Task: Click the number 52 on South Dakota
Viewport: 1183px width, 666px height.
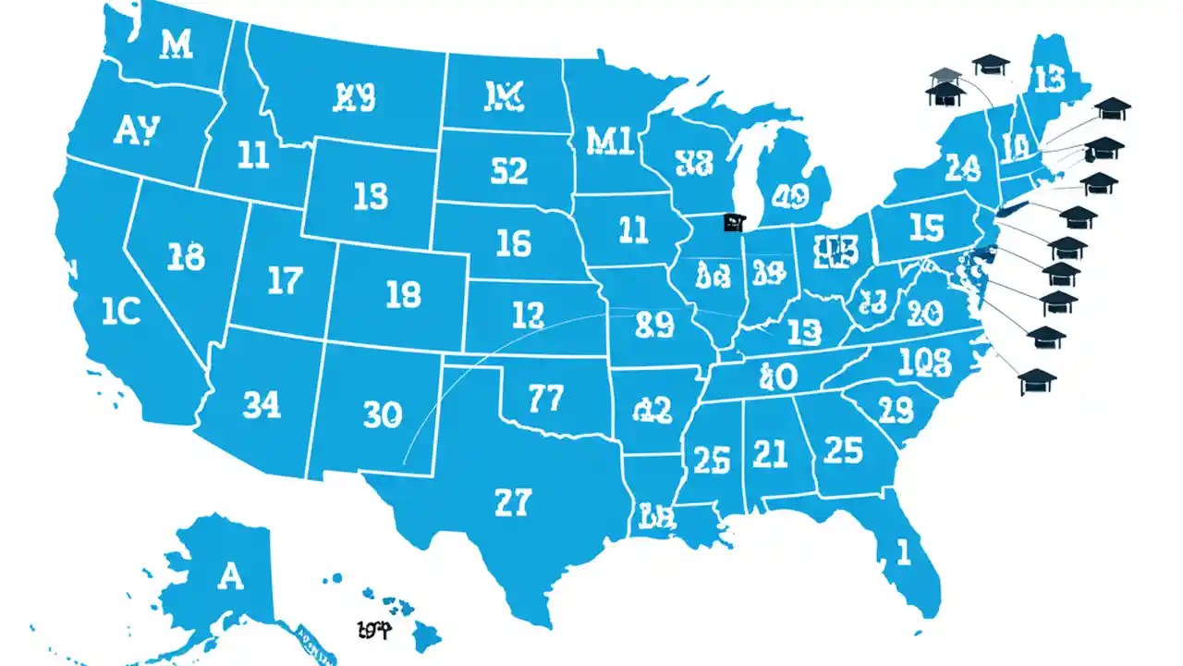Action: click(x=508, y=171)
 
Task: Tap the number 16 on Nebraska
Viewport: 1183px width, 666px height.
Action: click(x=513, y=243)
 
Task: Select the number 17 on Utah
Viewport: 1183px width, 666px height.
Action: click(x=285, y=281)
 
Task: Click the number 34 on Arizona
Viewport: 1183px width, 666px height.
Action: click(x=262, y=404)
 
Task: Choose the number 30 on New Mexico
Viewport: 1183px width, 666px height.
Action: click(x=382, y=414)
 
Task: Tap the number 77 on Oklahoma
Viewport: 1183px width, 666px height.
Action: click(x=545, y=399)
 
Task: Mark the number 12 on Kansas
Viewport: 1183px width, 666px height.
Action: click(x=527, y=316)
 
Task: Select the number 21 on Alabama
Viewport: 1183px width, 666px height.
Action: click(x=770, y=453)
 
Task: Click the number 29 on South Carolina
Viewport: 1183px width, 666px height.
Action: click(x=895, y=408)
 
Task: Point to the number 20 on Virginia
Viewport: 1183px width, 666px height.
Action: click(x=924, y=311)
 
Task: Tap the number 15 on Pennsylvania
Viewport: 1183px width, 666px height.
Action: click(x=925, y=228)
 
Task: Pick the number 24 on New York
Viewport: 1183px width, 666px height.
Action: click(x=962, y=167)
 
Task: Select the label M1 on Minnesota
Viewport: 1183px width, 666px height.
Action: click(x=610, y=140)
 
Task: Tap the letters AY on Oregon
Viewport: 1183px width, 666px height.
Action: click(x=136, y=130)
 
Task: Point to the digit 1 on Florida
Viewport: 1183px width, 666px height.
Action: click(x=903, y=552)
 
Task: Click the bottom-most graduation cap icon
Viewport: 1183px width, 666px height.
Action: click(x=1037, y=380)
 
